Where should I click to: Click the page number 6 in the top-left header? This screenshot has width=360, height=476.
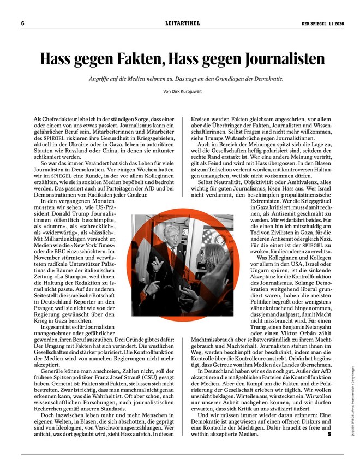(23, 23)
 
